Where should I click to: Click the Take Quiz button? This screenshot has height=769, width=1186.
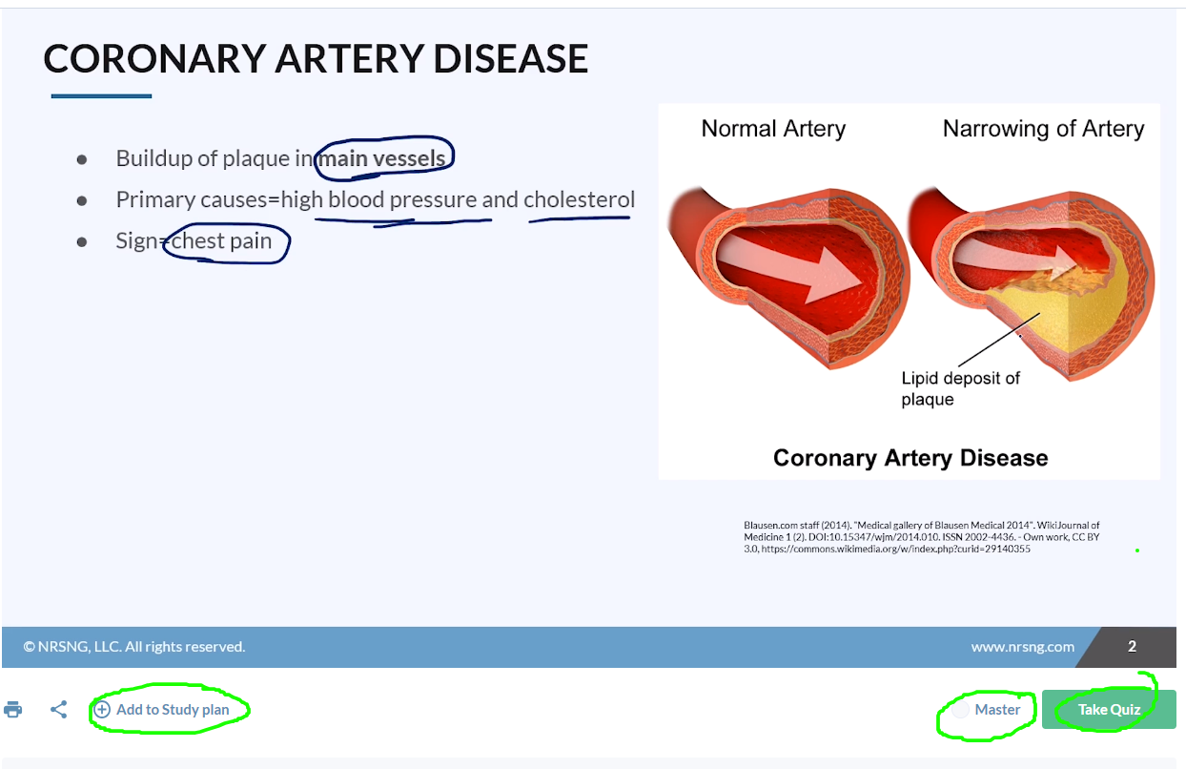point(1109,709)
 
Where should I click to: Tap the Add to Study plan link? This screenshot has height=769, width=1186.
point(162,709)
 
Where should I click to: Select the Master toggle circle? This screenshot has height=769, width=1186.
point(960,709)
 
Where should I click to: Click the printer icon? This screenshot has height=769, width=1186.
point(13,709)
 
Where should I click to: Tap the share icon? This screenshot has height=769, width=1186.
point(59,709)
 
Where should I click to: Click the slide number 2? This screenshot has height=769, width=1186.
point(1132,646)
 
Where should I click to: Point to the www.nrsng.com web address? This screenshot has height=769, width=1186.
point(1022,647)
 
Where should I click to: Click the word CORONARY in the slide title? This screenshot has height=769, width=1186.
point(154,58)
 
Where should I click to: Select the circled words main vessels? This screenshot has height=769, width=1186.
point(381,158)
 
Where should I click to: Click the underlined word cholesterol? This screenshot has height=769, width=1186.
point(580,199)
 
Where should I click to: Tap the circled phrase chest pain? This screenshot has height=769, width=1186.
point(221,241)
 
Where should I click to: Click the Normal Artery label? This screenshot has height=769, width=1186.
point(773,129)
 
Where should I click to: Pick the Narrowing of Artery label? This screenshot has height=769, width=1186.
point(1044,129)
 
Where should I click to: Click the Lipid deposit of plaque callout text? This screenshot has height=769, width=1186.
point(960,388)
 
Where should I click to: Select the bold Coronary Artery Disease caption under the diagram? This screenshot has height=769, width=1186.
point(910,458)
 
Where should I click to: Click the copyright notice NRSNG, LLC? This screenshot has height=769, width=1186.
point(134,647)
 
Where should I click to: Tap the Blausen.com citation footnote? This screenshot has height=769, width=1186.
point(921,537)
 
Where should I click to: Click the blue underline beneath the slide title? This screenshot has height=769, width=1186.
point(101,96)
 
